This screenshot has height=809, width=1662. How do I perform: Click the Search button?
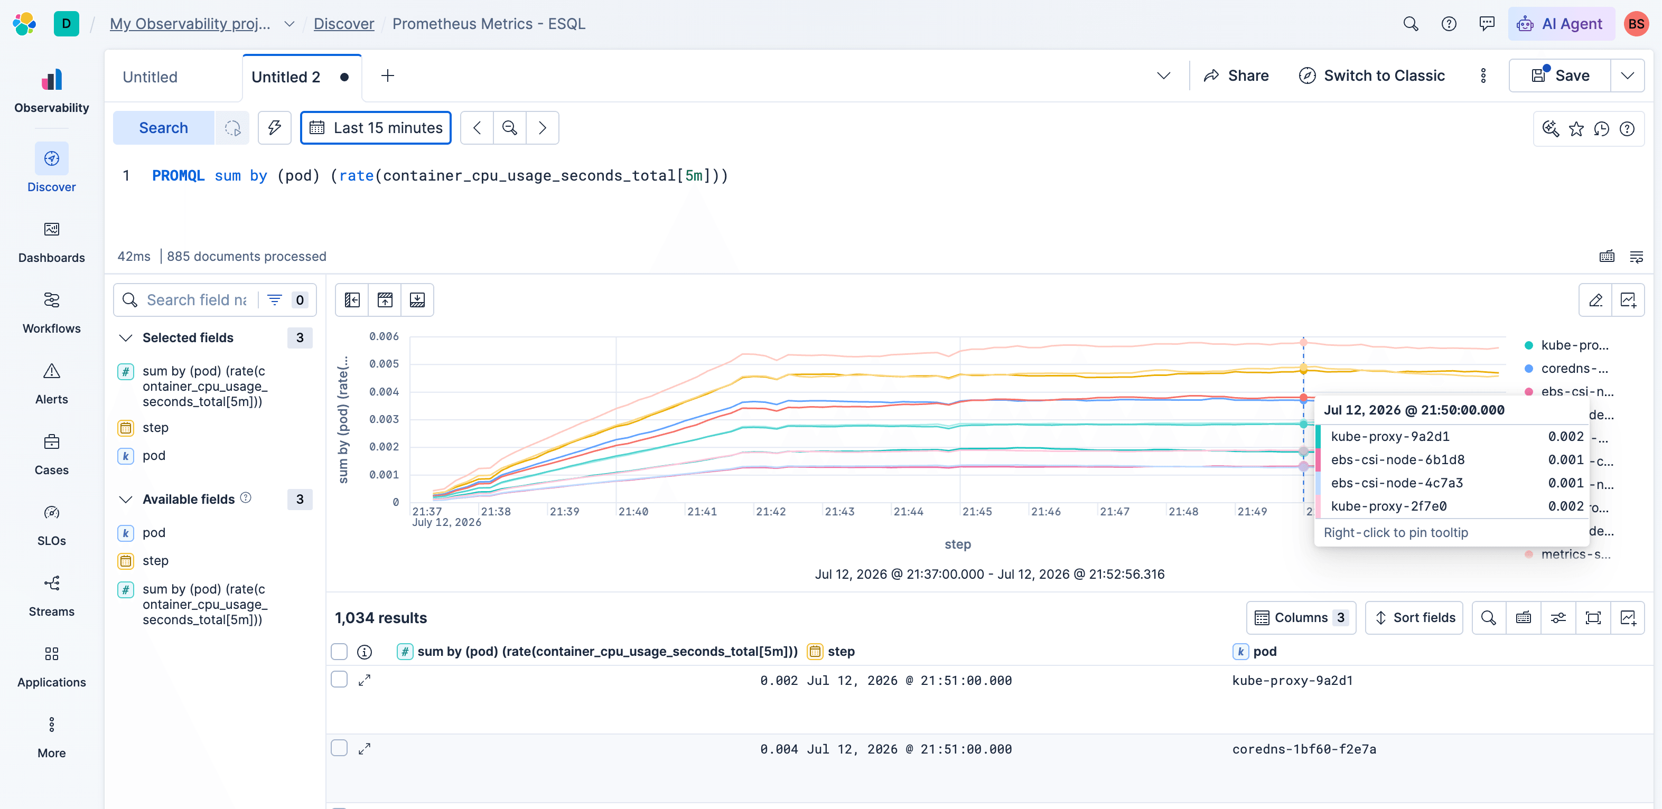(x=163, y=128)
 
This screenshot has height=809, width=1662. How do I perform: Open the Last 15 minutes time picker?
(x=376, y=128)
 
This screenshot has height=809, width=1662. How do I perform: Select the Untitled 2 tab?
(x=286, y=77)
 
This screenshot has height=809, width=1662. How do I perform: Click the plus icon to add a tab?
(x=388, y=76)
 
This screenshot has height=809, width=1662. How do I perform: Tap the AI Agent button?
(x=1561, y=24)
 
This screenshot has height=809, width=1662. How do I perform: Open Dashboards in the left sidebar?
(x=52, y=242)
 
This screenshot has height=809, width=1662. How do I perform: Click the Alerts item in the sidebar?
(x=52, y=384)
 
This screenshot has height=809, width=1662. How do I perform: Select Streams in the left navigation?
(x=52, y=596)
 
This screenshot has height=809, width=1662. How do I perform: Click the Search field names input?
(x=196, y=300)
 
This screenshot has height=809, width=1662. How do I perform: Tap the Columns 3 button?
(x=1301, y=617)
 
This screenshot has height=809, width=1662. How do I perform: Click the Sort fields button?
(x=1414, y=617)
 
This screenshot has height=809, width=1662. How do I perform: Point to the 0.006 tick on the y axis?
(x=384, y=336)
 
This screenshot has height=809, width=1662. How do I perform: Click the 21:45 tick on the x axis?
(x=977, y=512)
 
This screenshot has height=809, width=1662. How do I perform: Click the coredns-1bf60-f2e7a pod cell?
(x=1304, y=749)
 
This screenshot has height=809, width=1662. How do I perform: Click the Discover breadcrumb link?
(x=344, y=24)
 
